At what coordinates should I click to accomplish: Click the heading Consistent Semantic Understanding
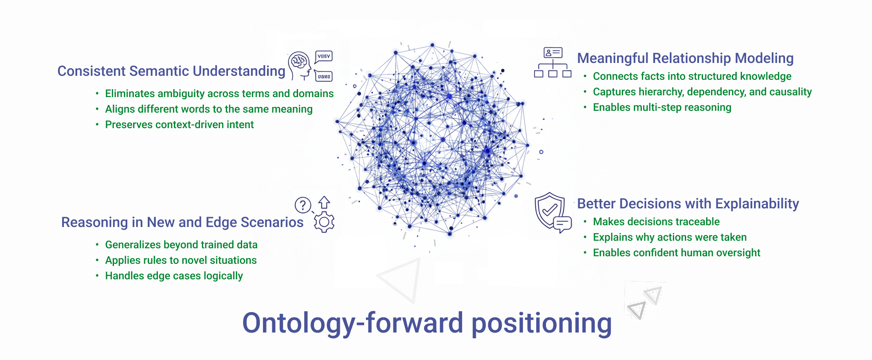coord(171,71)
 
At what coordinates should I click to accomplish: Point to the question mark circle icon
coord(303,205)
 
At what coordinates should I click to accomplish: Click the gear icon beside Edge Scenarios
coord(324,222)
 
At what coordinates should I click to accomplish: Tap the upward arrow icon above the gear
coord(324,202)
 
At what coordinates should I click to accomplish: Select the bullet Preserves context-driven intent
coord(179,125)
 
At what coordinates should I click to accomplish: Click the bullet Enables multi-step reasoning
coord(662,108)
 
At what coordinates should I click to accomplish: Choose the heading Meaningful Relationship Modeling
coord(685,59)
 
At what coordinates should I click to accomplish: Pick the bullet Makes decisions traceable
coord(656,222)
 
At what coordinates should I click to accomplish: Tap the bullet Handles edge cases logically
coord(174,276)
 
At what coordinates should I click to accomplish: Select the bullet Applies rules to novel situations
coord(181,261)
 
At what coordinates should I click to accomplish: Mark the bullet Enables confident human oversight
coord(676,253)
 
